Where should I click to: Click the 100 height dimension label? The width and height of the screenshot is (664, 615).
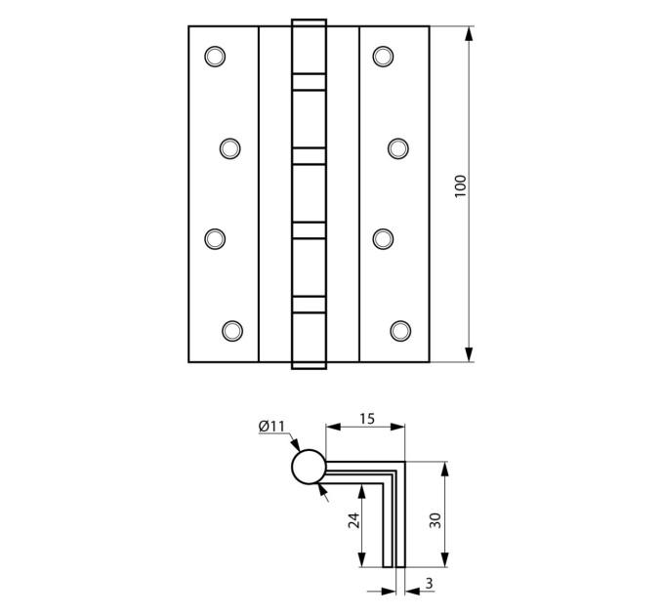click(x=460, y=185)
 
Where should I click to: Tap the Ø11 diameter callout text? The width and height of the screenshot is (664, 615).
click(x=271, y=427)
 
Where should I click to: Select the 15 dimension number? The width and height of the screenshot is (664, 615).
click(x=367, y=419)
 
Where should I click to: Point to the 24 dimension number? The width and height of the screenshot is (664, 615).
click(x=353, y=520)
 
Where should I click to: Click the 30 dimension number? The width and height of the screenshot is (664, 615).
click(x=436, y=520)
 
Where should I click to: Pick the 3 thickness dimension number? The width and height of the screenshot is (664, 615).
click(x=430, y=583)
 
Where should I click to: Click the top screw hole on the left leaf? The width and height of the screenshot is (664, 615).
click(x=215, y=57)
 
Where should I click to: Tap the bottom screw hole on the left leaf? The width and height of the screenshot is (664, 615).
click(x=232, y=331)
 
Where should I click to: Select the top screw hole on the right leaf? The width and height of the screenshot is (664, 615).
click(x=383, y=57)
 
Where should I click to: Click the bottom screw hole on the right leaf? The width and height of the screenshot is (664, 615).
click(x=400, y=331)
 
